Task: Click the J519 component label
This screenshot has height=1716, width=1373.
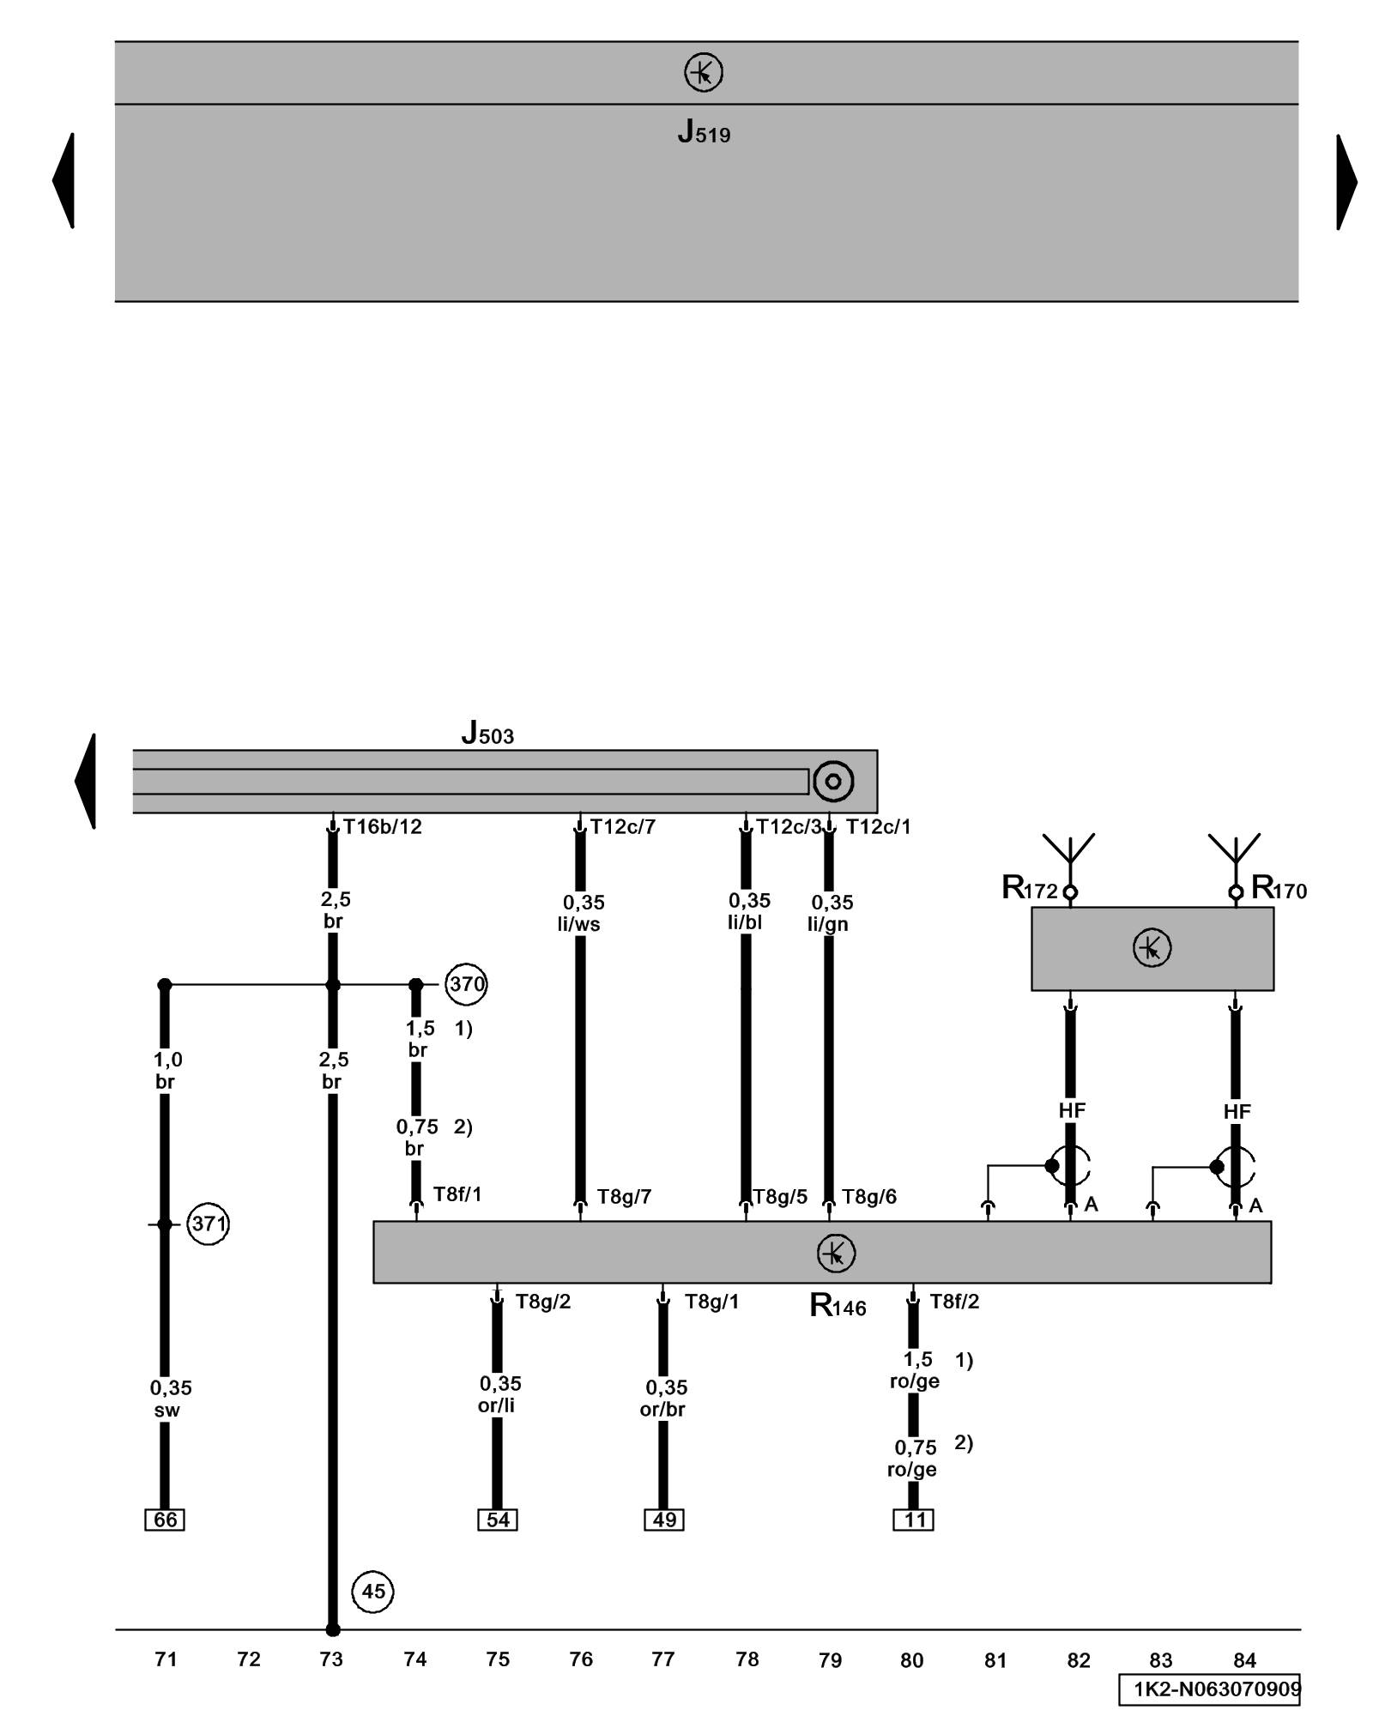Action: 703,132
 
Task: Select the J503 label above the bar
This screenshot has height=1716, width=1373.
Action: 487,733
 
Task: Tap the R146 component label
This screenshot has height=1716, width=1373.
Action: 838,1306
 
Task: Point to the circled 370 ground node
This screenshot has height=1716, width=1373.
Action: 466,984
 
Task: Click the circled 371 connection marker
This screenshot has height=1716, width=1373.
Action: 208,1224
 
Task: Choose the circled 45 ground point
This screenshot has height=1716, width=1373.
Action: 372,1592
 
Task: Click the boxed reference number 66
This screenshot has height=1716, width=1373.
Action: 165,1520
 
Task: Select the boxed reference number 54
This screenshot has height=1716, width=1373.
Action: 498,1520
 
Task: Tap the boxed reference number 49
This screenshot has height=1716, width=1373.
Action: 664,1520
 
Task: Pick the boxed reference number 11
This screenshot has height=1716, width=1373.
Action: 914,1520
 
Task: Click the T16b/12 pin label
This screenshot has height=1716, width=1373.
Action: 383,827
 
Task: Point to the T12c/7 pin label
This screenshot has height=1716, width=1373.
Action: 623,827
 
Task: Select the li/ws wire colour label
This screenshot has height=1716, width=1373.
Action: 578,925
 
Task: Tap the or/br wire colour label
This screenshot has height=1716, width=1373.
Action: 662,1409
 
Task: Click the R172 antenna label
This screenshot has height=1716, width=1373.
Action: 1029,888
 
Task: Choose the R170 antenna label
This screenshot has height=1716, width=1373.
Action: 1279,888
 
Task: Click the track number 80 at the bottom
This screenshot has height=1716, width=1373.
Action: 911,1660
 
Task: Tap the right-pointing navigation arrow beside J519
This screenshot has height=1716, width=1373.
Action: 1346,182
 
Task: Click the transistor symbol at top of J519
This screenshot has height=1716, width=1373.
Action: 703,73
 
